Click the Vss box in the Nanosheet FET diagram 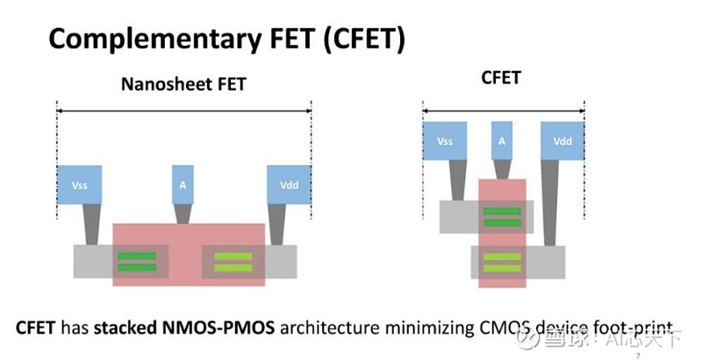coord(80,185)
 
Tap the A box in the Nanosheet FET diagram coord(183,185)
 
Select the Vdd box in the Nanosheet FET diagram coord(290,185)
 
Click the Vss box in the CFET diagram coord(445,140)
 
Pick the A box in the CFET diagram coord(502,140)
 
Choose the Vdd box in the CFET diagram coord(562,140)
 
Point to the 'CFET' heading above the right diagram coord(501,78)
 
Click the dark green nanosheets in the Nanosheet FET coord(137,262)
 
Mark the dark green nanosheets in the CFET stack coord(502,216)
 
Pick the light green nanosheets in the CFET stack coord(502,262)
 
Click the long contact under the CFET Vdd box coord(551,204)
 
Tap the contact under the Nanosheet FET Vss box coord(91,225)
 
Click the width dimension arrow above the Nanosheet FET coord(184,110)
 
